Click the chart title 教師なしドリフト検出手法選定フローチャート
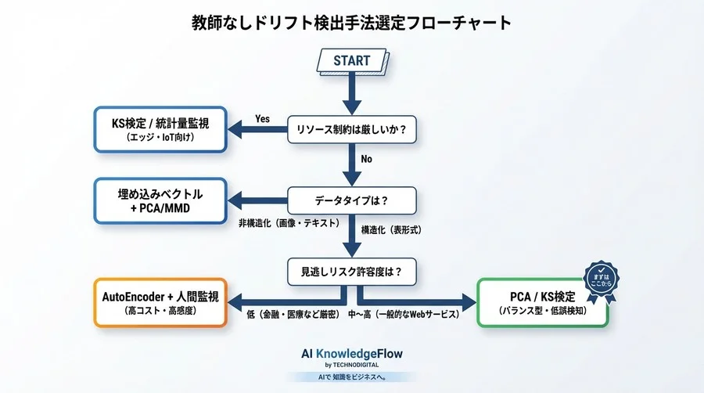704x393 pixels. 352,22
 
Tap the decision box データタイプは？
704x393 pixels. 352,200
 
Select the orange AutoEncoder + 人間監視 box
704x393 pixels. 160,302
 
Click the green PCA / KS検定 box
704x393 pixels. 544,302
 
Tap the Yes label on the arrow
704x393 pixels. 263,119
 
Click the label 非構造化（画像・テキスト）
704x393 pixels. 289,223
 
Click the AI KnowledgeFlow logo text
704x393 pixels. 352,354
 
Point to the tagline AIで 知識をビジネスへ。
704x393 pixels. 352,377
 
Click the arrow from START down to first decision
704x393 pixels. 352,94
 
